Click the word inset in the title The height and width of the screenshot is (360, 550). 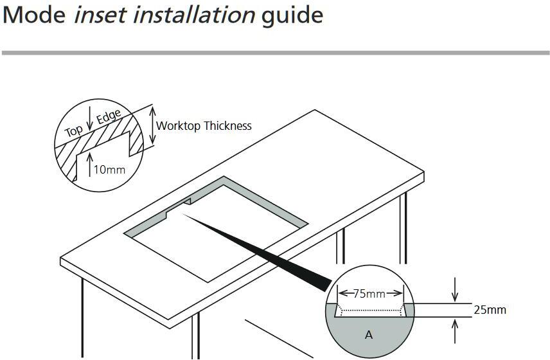coord(100,14)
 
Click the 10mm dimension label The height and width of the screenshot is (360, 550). coord(109,170)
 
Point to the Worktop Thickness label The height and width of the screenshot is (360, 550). coord(204,126)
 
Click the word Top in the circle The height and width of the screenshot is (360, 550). coord(74,130)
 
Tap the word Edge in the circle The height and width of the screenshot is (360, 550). coord(109,118)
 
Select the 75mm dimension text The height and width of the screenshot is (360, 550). coord(369,294)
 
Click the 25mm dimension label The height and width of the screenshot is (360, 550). coord(490,310)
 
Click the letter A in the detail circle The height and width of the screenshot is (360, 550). coord(369,335)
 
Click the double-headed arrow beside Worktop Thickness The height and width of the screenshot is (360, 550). coord(152,125)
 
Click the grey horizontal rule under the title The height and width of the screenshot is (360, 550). coord(275,53)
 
